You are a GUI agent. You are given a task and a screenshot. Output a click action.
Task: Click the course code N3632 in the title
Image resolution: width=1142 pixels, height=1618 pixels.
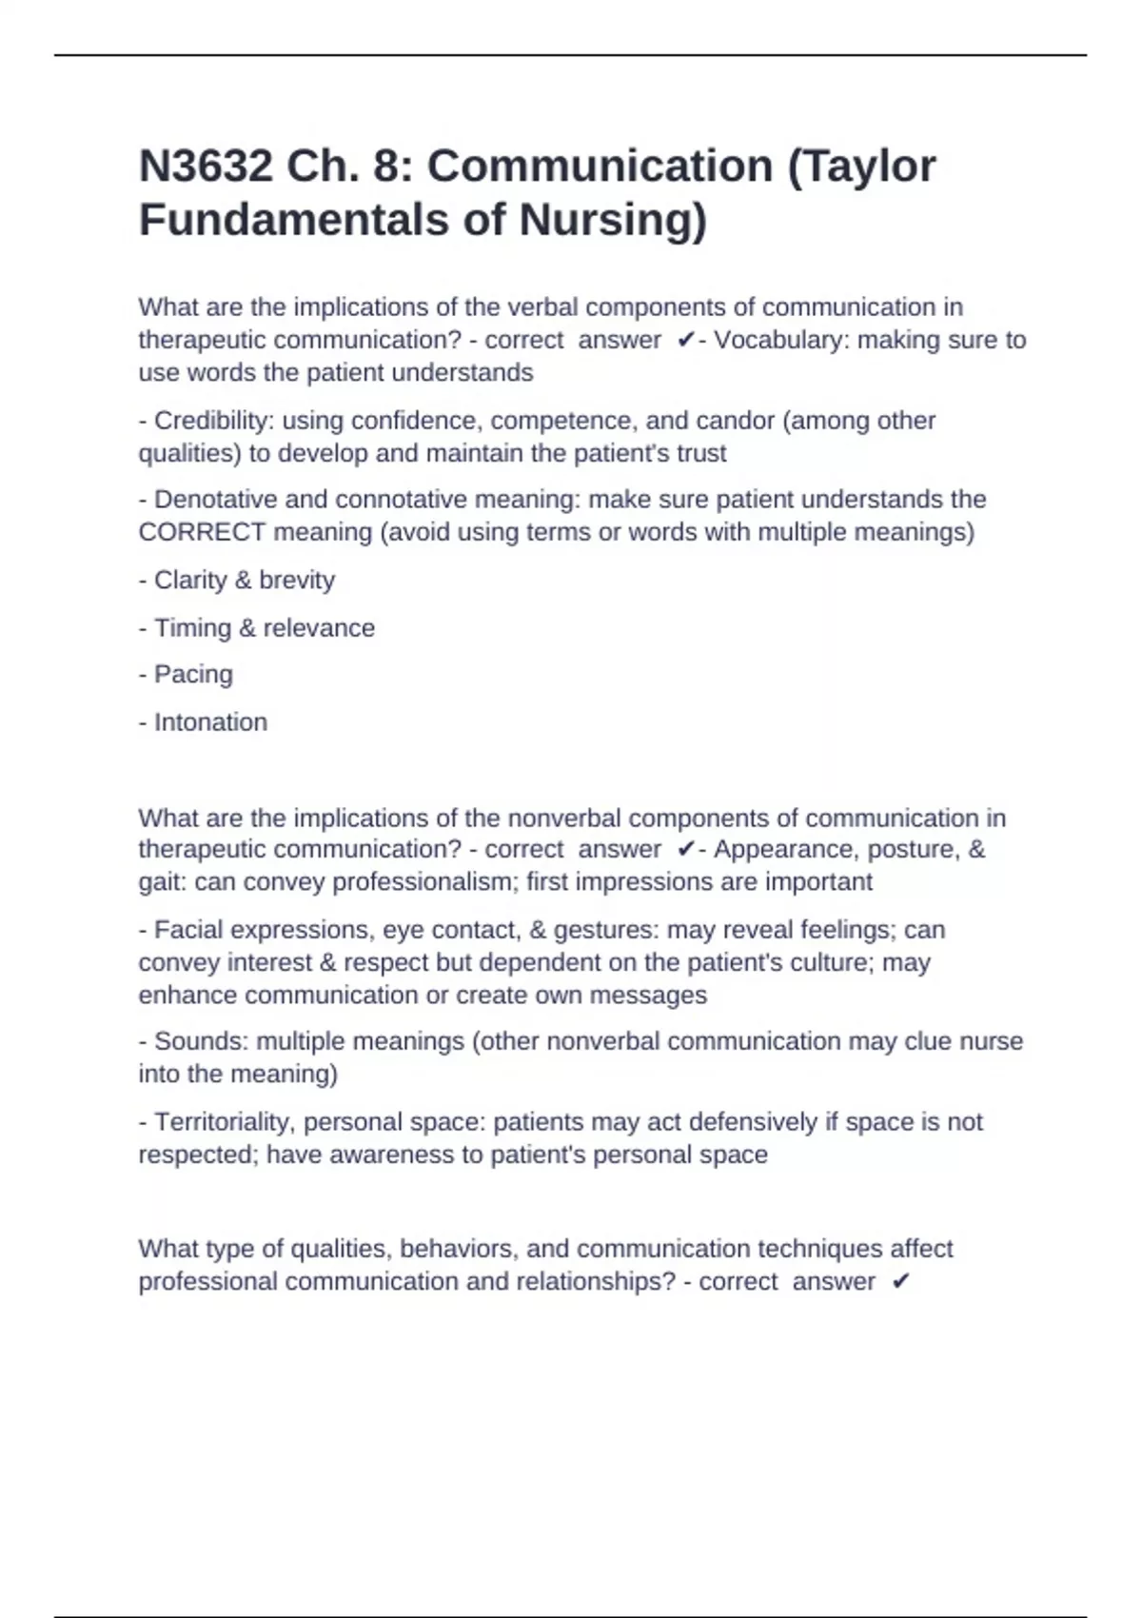[205, 167]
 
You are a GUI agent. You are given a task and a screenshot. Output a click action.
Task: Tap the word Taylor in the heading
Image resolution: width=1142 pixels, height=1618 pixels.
[872, 167]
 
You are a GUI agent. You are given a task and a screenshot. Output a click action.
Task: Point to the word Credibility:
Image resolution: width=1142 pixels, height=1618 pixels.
[214, 421]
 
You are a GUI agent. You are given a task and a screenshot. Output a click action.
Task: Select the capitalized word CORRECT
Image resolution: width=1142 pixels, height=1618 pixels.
[202, 532]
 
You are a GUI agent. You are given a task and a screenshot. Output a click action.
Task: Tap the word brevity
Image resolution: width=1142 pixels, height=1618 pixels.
[297, 581]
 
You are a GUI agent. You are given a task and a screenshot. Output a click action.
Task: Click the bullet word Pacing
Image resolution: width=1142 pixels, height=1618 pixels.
[193, 675]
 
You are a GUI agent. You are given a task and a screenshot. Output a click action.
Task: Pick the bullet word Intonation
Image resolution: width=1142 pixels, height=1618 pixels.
[210, 722]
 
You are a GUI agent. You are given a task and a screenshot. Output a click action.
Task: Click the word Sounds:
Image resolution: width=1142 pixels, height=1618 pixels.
[201, 1041]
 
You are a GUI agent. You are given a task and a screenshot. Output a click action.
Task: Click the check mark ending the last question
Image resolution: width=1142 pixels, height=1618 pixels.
[900, 1282]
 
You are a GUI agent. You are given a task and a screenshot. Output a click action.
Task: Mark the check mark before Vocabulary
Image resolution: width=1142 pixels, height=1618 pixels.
[685, 341]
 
